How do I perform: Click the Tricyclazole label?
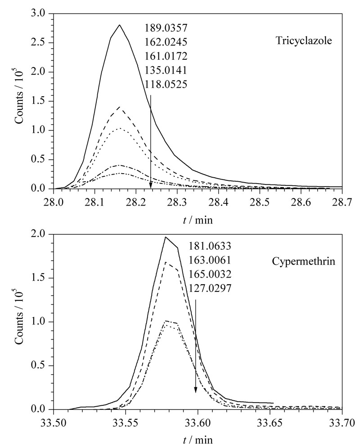[304, 40]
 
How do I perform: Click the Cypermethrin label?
[303, 261]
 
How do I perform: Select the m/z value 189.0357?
[166, 28]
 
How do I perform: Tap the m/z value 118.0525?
[166, 84]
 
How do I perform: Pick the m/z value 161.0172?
[166, 56]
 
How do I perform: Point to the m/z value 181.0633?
[210, 246]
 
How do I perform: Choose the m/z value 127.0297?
[210, 288]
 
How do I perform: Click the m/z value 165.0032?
[210, 274]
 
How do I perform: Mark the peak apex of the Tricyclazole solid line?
[120, 25]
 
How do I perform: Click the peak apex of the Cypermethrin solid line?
[166, 237]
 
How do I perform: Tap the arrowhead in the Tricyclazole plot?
[151, 185]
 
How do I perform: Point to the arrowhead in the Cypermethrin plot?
[195, 390]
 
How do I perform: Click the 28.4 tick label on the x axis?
[218, 203]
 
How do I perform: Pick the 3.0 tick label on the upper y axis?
[39, 13]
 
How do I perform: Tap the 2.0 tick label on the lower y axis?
[39, 234]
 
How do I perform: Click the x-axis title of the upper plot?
[198, 220]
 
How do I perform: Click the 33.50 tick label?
[53, 423]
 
